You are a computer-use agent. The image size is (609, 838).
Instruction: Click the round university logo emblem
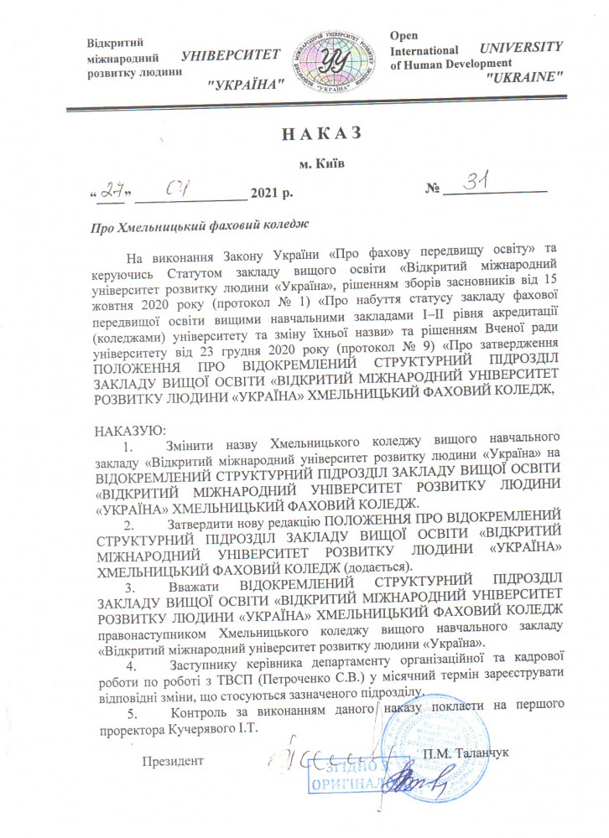(332, 56)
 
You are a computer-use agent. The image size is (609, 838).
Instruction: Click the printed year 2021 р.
(271, 195)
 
